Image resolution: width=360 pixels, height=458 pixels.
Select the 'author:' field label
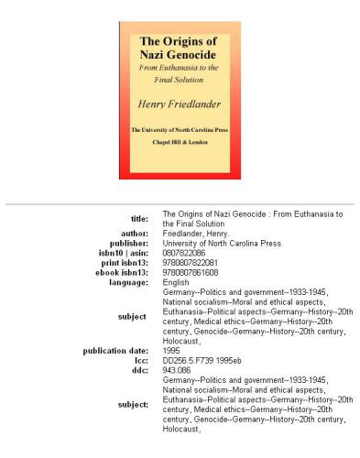(136, 233)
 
